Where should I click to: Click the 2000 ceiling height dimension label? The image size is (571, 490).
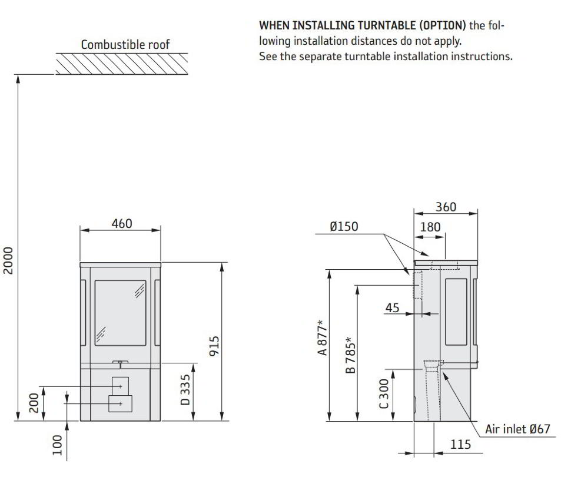[x=8, y=260]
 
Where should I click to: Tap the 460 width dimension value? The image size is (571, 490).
[x=122, y=223]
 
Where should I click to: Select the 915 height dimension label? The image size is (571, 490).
[x=214, y=346]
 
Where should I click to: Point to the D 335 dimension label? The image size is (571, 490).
[x=185, y=389]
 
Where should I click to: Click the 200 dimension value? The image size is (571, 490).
[x=34, y=403]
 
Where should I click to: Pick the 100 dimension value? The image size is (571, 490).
[x=58, y=445]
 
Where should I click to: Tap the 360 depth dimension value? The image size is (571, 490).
[x=446, y=207]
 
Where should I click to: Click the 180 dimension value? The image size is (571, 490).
[x=430, y=227]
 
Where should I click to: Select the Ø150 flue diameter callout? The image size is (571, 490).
[x=344, y=227]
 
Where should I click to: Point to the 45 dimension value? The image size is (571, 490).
[x=392, y=308]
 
